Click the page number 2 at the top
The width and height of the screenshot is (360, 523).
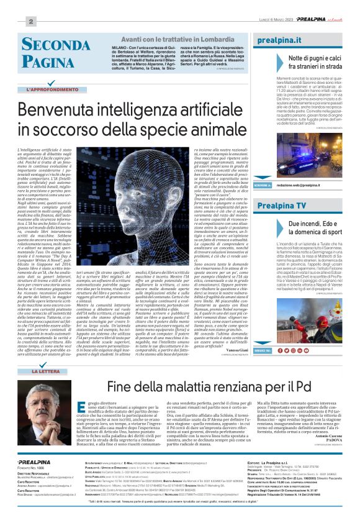pyautogui.click(x=30, y=22)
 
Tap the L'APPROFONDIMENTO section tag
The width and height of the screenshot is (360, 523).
pyautogui.click(x=48, y=90)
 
